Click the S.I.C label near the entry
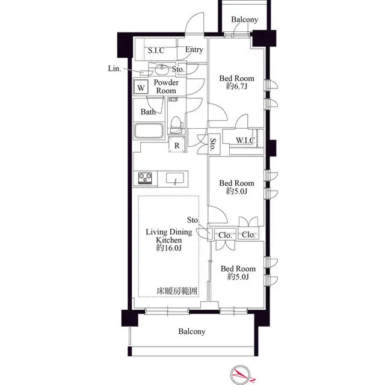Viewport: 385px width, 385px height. pyautogui.click(x=156, y=51)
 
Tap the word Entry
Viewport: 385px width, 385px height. pyautogui.click(x=194, y=50)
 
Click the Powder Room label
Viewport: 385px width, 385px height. pyautogui.click(x=166, y=87)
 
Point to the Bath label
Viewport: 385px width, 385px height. pyautogui.click(x=148, y=112)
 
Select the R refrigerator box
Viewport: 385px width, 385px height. pyautogui.click(x=177, y=144)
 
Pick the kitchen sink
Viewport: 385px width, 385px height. pyautogui.click(x=174, y=178)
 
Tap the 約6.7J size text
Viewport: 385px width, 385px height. pyautogui.click(x=236, y=87)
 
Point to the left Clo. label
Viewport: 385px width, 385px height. pyautogui.click(x=225, y=235)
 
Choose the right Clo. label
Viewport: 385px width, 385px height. pyautogui.click(x=249, y=235)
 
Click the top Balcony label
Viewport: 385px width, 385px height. pyautogui.click(x=244, y=20)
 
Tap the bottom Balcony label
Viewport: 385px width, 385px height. pyautogui.click(x=192, y=331)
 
